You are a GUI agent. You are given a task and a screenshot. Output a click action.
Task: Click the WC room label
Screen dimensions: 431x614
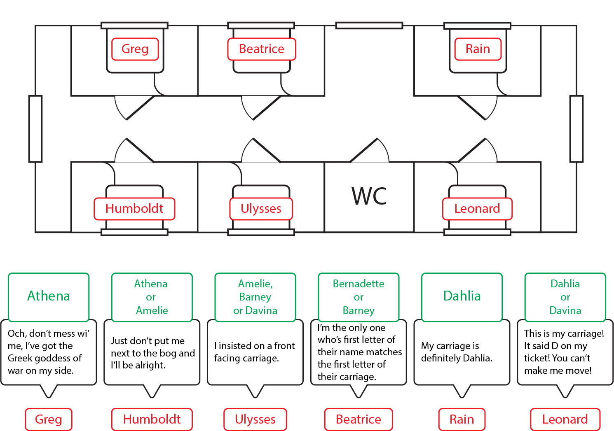(369, 196)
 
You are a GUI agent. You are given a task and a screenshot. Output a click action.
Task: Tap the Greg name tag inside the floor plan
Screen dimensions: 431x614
(135, 49)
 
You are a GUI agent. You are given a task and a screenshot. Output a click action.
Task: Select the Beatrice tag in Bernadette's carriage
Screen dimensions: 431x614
(262, 49)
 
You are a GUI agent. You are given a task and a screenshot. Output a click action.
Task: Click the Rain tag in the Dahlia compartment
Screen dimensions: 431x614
(478, 49)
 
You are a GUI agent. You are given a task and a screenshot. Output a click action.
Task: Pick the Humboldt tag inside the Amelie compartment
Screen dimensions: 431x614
(134, 209)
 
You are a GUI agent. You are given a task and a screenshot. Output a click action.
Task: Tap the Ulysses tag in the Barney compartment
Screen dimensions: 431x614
(261, 209)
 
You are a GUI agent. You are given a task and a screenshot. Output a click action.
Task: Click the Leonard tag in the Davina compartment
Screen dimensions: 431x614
(477, 209)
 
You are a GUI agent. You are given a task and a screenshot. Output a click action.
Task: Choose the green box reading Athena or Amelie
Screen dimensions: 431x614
(152, 297)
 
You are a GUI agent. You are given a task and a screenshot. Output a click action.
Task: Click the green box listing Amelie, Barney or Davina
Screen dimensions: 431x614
(255, 297)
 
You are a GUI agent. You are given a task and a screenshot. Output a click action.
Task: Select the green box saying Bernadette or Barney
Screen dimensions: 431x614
(359, 297)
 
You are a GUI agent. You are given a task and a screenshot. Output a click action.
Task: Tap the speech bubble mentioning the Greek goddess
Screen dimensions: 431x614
(49, 352)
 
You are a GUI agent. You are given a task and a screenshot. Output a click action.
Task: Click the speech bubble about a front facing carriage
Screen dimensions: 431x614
(255, 352)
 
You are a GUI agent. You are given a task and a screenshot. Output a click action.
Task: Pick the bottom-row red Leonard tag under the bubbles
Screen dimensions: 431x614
(565, 419)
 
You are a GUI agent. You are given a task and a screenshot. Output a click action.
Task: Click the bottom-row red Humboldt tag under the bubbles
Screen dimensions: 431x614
(152, 419)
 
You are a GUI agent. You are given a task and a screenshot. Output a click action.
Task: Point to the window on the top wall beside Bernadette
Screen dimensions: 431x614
(369, 26)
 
